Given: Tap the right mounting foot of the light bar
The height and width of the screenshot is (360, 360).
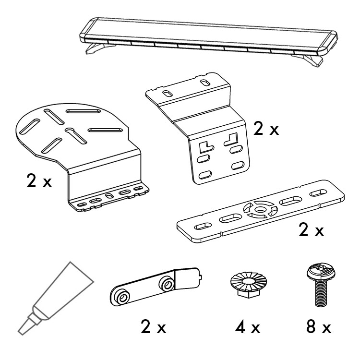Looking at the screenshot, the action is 309,60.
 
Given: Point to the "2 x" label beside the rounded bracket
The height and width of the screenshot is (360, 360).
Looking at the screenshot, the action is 39,180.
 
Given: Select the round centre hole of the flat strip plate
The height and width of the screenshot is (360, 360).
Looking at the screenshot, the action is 260,209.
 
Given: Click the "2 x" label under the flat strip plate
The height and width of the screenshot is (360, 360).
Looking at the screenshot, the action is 311,229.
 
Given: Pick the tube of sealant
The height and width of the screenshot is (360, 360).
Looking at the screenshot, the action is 55,299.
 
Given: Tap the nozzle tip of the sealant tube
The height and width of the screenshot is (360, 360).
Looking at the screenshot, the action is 21,332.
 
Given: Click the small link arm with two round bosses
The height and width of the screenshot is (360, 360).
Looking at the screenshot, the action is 156,287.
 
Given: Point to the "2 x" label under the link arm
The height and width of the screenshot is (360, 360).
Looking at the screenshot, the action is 153,327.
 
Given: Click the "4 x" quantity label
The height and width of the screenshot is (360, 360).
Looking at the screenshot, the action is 248,327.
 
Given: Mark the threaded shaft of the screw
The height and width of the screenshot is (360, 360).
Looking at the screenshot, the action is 321,294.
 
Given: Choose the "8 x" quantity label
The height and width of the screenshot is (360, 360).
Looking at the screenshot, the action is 319,327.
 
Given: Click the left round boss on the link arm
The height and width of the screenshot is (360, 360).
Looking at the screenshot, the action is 122,297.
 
